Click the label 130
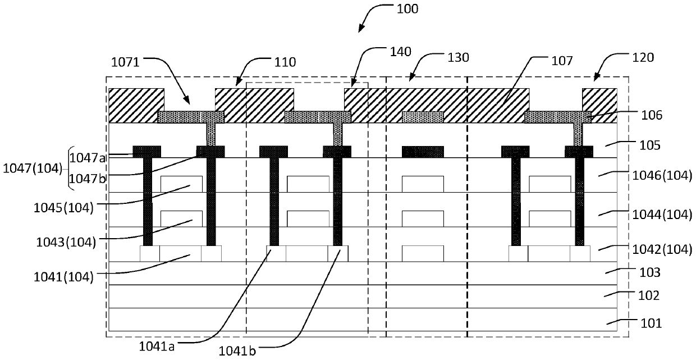tap(459, 57)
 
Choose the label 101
tap(651, 323)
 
